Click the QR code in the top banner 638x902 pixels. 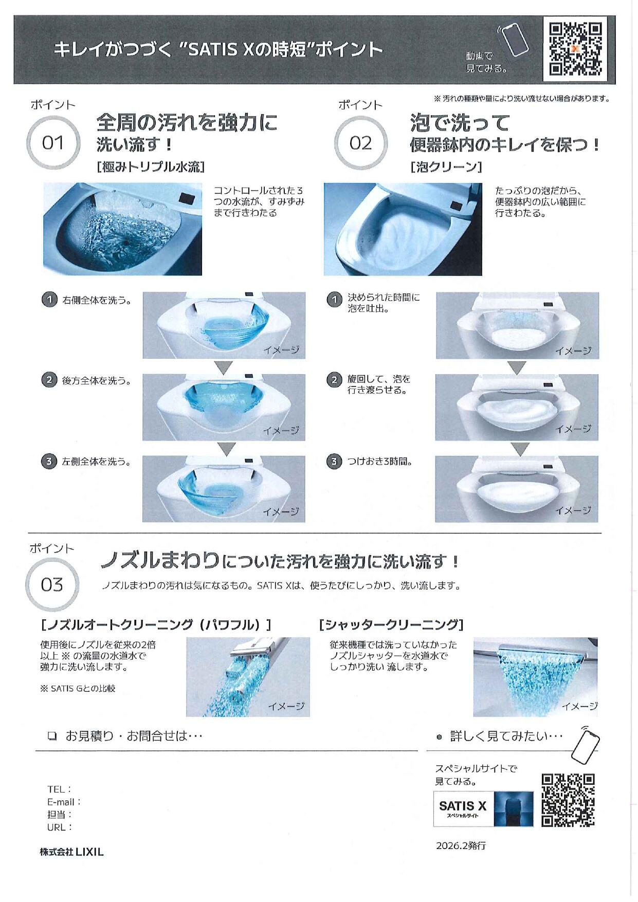(575, 49)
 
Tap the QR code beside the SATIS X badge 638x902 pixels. (568, 800)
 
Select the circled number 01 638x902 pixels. (53, 143)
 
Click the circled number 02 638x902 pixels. (360, 143)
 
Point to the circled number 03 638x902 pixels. (52, 584)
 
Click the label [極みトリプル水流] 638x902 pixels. (151, 167)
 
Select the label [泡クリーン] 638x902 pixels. (446, 167)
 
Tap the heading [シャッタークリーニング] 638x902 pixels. (391, 624)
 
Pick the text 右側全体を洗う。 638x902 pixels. (96, 300)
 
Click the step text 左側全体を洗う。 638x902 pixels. (96, 462)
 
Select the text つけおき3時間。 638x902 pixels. (380, 461)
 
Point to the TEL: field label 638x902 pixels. (59, 789)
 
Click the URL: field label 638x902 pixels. (59, 827)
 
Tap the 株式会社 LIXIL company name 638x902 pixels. (72, 852)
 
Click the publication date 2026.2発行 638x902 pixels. (461, 845)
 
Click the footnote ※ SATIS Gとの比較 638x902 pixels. (78, 688)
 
